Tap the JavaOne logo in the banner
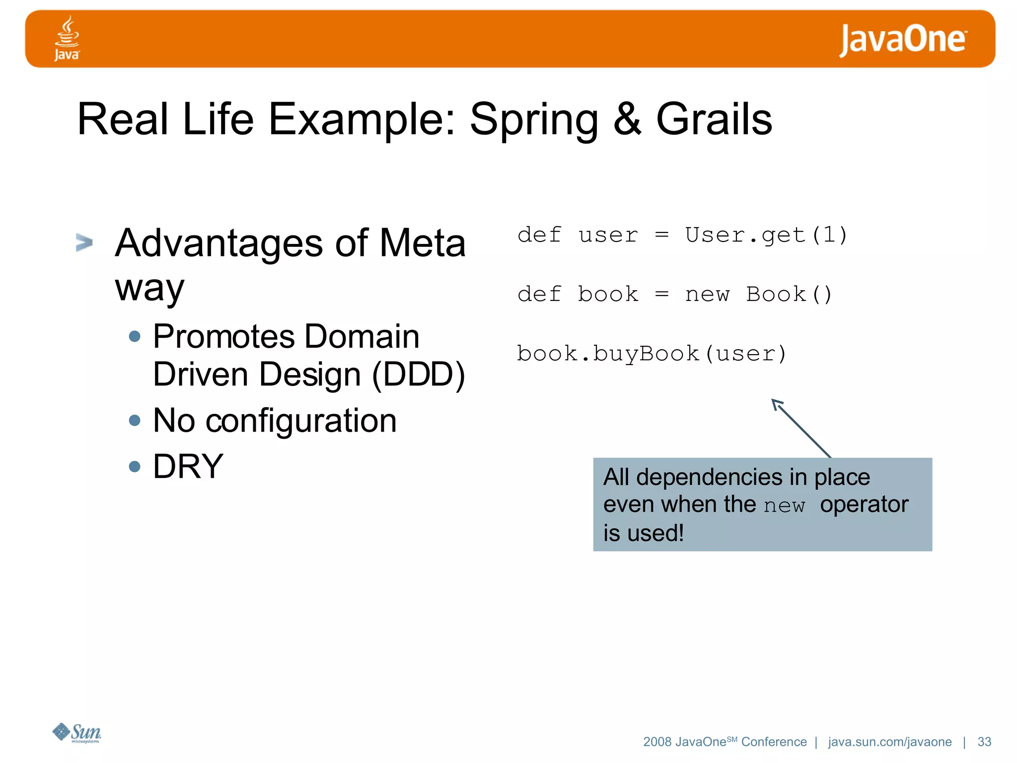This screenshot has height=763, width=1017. [x=902, y=40]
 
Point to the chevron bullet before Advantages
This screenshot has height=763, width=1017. [x=84, y=243]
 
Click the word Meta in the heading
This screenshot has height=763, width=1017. [x=422, y=243]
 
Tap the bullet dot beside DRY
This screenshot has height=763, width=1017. [x=135, y=466]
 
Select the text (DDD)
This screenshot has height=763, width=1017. [x=419, y=375]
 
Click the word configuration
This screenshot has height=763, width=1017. [x=301, y=421]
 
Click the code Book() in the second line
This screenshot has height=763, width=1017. [x=789, y=294]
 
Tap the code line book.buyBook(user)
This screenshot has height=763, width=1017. [x=651, y=354]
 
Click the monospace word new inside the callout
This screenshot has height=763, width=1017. [x=784, y=506]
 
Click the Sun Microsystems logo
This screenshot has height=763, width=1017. [x=77, y=733]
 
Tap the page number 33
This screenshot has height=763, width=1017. [x=984, y=742]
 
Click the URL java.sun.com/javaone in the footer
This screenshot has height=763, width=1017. [x=889, y=742]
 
